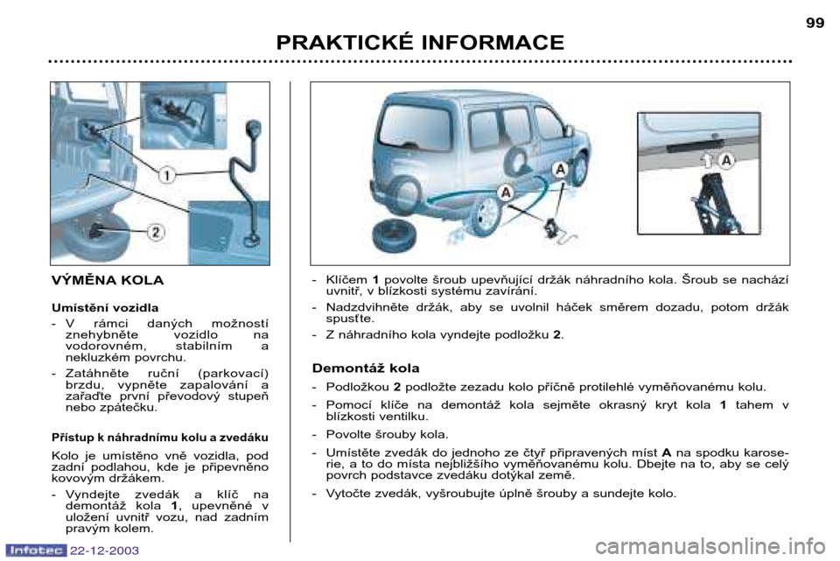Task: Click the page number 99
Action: (x=815, y=23)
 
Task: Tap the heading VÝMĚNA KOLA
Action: (x=108, y=280)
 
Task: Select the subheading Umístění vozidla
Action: (x=105, y=308)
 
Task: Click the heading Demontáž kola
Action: (x=366, y=368)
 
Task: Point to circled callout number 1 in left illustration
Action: (x=166, y=175)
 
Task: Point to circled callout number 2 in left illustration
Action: (x=156, y=232)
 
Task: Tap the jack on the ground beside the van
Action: (x=552, y=227)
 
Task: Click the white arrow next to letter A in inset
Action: (x=708, y=160)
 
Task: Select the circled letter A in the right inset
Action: (x=726, y=160)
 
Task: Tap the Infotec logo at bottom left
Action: (x=36, y=550)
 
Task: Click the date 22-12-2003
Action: (x=104, y=550)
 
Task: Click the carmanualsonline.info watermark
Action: (x=710, y=547)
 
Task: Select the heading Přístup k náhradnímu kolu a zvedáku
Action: (x=159, y=438)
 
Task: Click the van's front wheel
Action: (x=579, y=169)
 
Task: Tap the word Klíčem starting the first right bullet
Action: (x=346, y=280)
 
